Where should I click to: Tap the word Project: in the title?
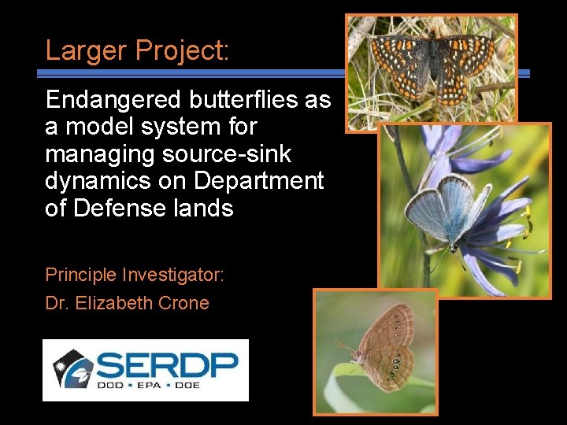pos(182,50)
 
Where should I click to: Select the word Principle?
pos(80,275)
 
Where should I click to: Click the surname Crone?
pos(183,303)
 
